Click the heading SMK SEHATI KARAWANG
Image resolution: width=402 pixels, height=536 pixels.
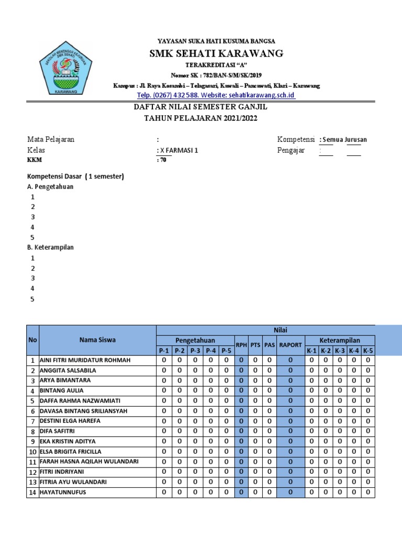(x=216, y=53)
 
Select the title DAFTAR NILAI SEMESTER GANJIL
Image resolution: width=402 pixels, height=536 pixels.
(x=201, y=107)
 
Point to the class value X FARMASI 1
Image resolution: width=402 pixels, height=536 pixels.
(x=178, y=150)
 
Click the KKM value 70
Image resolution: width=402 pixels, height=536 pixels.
(x=162, y=161)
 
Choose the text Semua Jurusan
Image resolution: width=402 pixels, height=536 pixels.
(x=344, y=140)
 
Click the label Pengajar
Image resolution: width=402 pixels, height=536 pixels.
(x=291, y=150)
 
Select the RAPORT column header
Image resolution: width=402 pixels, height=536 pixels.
(x=291, y=345)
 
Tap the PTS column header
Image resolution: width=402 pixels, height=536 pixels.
(x=255, y=345)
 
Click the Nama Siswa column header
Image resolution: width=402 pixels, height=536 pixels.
(x=97, y=340)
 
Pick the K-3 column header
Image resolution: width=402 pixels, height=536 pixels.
(x=340, y=351)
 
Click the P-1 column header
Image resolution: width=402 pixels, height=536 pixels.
(x=164, y=351)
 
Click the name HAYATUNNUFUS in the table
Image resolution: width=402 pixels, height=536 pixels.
(x=63, y=492)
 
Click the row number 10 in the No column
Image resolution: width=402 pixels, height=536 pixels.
(x=32, y=452)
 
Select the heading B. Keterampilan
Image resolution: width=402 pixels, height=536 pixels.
(x=50, y=247)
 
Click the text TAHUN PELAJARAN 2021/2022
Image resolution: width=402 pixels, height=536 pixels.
(x=201, y=118)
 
